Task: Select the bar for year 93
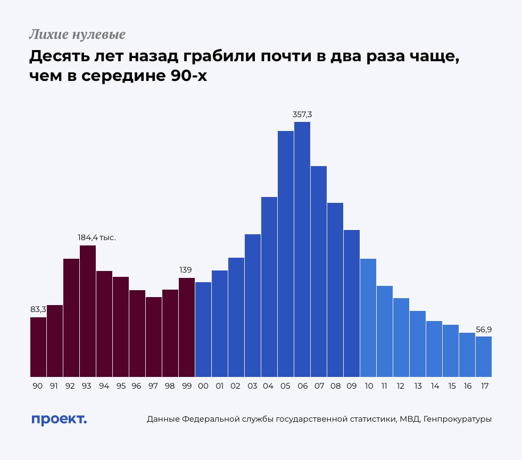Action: tap(88, 311)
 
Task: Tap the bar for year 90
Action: tap(38, 347)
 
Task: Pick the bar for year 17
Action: tap(483, 357)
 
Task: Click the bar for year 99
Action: tap(187, 327)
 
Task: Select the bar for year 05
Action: tap(286, 254)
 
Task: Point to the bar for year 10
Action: tap(368, 318)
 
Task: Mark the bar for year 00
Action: tap(203, 330)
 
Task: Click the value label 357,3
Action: tap(302, 114)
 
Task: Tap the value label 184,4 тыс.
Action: tap(97, 237)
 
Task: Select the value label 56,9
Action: tap(484, 330)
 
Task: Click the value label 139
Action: tap(186, 270)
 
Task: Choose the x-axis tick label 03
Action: tap(252, 386)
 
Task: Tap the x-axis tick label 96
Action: tap(137, 386)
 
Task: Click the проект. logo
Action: tap(59, 419)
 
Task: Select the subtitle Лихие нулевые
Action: tap(77, 35)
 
